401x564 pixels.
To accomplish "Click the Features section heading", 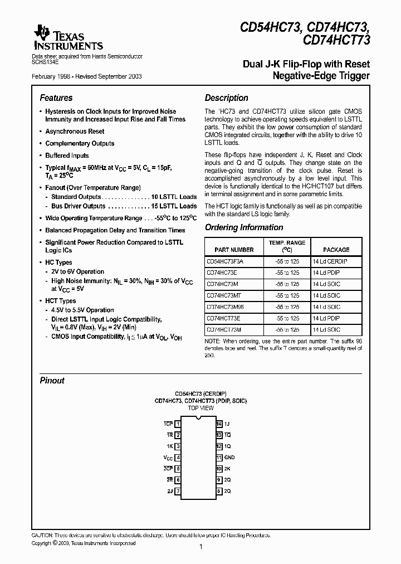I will click(56, 98).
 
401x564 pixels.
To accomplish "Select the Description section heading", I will click(226, 98).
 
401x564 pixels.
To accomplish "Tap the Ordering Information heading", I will click(244, 227).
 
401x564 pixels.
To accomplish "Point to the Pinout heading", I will click(52, 381).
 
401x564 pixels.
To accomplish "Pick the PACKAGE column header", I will click(336, 250).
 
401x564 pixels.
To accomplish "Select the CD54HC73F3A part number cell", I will click(225, 261).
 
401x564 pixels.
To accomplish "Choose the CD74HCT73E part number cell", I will click(223, 318).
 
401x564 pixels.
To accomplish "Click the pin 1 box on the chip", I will click(178, 424).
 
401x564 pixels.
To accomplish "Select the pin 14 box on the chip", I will click(219, 424).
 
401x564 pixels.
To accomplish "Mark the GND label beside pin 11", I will click(230, 458).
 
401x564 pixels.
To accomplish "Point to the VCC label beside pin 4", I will click(168, 458).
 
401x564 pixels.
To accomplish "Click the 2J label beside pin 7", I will click(169, 491).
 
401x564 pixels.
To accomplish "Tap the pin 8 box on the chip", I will click(219, 491).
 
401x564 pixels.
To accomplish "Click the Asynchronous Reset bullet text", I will click(75, 132).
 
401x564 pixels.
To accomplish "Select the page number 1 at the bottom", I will click(200, 547).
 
